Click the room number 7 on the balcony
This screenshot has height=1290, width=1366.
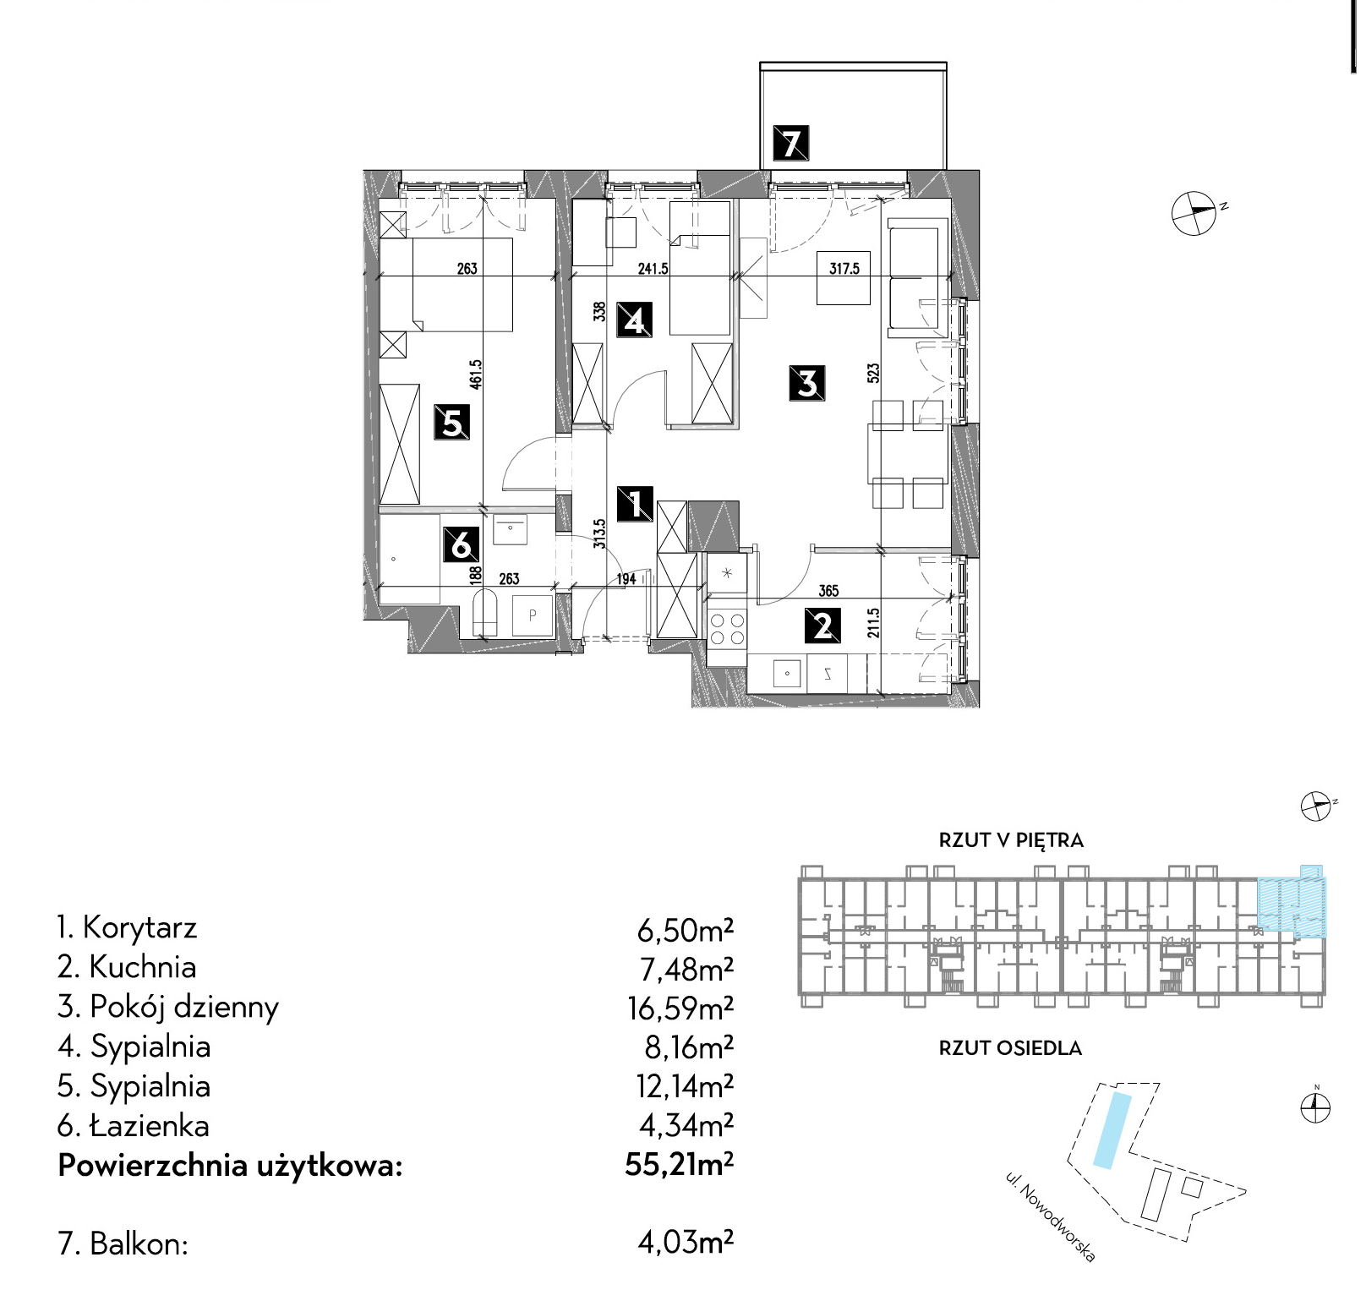point(791,143)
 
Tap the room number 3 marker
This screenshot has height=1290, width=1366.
point(807,382)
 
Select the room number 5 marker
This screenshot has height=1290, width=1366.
point(452,422)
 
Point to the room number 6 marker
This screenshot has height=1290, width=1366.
point(462,544)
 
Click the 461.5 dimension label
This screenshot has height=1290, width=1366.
point(476,374)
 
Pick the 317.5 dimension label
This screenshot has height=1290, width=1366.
point(844,269)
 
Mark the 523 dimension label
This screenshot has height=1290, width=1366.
point(873,373)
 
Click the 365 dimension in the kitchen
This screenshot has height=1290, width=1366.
point(828,591)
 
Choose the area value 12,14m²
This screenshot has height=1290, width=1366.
point(685,1085)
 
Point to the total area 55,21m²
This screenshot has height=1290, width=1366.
point(680,1165)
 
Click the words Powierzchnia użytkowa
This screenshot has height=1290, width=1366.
point(230,1167)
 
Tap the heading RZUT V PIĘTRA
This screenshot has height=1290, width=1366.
point(1011,840)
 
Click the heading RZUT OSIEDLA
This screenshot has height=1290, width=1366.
point(1010,1048)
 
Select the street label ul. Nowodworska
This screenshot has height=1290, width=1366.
point(1050,1216)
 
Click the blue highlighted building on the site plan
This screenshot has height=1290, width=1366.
point(1112,1130)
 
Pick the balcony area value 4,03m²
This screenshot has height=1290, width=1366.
point(686,1243)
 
